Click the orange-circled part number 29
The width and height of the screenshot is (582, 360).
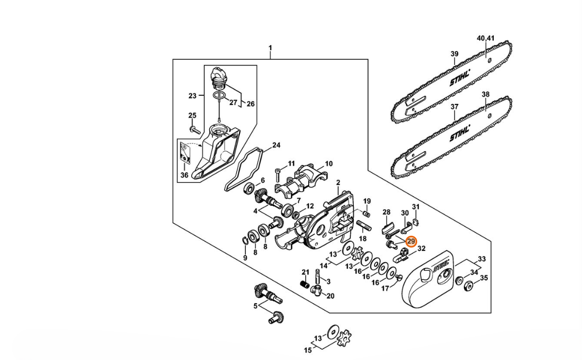coord(411,241)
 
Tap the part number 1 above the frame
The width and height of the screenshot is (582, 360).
coord(270,48)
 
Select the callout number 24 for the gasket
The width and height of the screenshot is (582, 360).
coord(276,145)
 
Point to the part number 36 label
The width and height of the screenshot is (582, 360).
coord(184,175)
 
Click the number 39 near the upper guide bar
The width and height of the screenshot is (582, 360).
coord(454,54)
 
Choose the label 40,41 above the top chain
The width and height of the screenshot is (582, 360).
coord(486,38)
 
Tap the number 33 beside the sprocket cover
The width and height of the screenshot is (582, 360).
coord(482,259)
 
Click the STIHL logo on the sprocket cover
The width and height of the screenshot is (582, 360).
coord(441,265)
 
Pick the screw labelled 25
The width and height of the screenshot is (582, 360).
coord(195,129)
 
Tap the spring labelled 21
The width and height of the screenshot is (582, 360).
coord(305,284)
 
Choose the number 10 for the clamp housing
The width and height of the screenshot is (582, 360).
coord(329,164)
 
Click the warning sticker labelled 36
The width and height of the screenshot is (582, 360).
coord(185,153)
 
